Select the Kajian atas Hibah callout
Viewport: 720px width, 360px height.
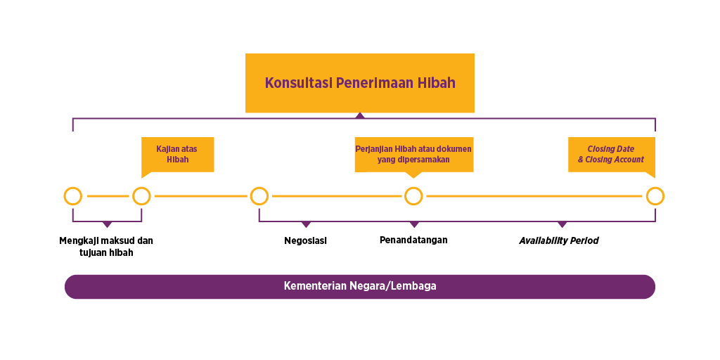pos(177,154)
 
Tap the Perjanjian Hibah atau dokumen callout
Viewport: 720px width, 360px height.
pos(413,154)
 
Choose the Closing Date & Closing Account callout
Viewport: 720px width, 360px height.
pos(611,154)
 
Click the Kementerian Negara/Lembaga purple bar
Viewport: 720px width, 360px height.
pos(359,286)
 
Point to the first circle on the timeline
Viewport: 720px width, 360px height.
pos(72,196)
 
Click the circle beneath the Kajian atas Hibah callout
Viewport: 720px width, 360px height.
pos(141,196)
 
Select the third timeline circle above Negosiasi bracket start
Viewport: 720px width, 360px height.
pos(259,196)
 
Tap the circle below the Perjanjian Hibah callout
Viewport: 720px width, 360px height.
pos(413,196)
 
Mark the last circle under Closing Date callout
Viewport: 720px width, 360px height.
pos(655,196)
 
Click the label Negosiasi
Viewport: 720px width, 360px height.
pos(306,240)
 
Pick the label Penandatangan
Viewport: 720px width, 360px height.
pos(413,240)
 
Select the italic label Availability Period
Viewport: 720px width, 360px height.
pos(559,240)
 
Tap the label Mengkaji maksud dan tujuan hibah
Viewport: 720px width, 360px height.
pos(106,246)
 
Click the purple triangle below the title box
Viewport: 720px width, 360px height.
pos(360,115)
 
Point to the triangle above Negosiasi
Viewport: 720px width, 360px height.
pos(306,224)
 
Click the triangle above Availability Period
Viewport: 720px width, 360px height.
pos(562,224)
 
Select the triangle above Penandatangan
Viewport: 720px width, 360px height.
pos(414,224)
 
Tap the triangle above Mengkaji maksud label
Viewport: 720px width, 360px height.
pos(107,224)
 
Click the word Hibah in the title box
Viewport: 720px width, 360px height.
pos(436,83)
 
